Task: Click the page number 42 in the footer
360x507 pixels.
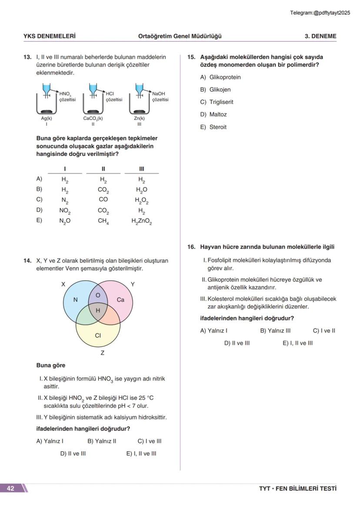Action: coord(10,488)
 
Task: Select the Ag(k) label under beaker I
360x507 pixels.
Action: coord(47,118)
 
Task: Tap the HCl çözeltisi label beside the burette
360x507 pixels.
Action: coord(114,96)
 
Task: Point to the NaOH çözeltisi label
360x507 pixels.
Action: coord(160,96)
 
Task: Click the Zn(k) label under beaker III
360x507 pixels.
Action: coord(139,118)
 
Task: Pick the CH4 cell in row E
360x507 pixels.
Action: coord(103,221)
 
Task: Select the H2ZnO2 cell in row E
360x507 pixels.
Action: coord(142,221)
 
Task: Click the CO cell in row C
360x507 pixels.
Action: coord(103,200)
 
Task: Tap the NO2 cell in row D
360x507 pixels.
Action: coord(65,211)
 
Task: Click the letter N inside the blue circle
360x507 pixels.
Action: coord(75,300)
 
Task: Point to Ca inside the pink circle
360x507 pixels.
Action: coord(120,300)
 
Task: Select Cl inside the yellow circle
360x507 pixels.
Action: coord(98,335)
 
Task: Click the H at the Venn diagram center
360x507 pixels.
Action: coord(98,310)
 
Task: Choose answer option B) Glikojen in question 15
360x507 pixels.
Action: coord(215,89)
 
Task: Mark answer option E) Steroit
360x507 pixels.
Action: coord(213,127)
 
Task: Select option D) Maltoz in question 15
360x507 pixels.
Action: coord(213,115)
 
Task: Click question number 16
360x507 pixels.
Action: coord(191,247)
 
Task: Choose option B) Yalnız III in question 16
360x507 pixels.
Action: coord(275,331)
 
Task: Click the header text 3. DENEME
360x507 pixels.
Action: coord(320,36)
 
